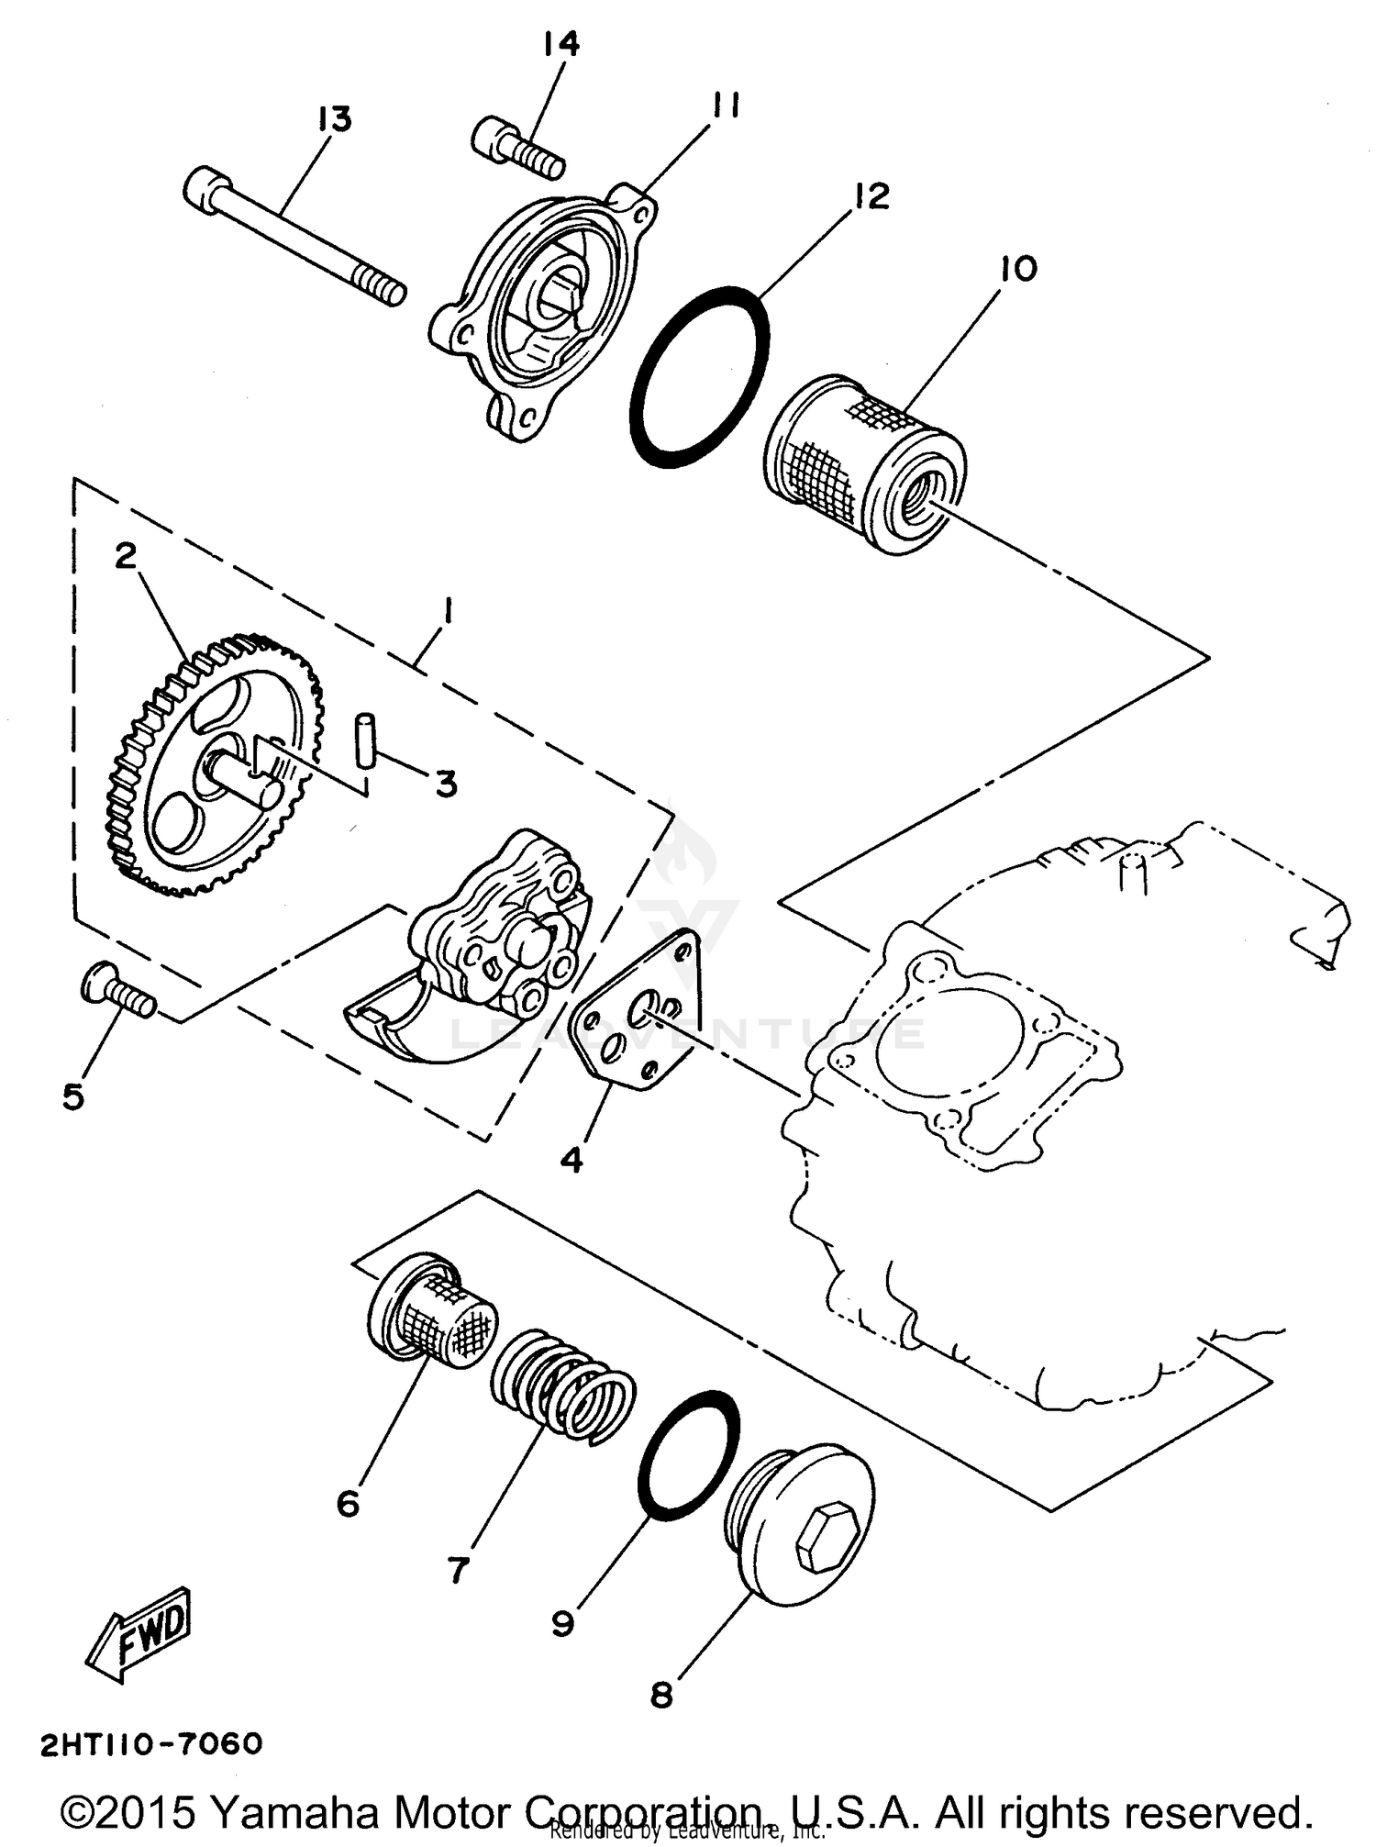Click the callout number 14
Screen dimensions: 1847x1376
[560, 44]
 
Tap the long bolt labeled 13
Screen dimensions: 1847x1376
[294, 233]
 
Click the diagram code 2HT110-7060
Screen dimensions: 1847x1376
[152, 1742]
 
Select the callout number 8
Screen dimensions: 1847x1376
[661, 1696]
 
